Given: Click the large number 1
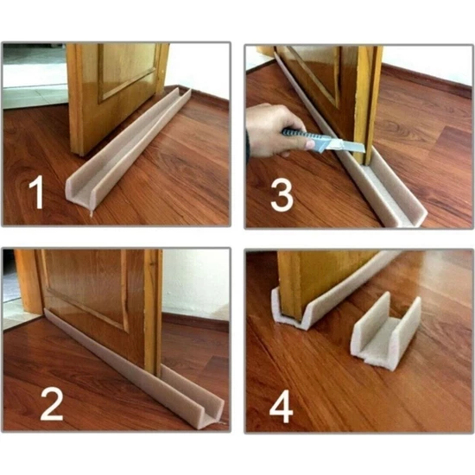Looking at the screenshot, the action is coord(36,193).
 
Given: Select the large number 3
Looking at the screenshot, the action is coord(282,195).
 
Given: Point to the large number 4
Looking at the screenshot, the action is coord(282,407).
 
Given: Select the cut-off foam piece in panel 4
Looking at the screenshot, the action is coord(386,333).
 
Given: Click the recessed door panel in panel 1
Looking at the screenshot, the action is coord(127,70).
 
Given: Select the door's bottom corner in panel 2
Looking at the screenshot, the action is coord(158,375).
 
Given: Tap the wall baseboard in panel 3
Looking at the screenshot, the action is coord(427,79).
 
